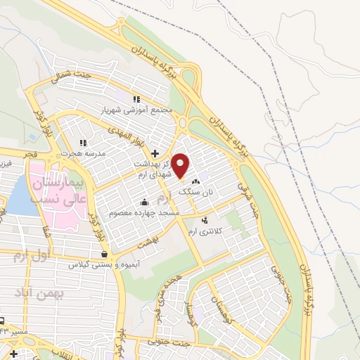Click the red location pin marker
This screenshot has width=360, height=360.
[181, 166]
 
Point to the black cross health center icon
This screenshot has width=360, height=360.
[155, 152]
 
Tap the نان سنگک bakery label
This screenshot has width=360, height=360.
[195, 191]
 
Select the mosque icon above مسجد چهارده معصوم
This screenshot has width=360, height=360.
[145, 202]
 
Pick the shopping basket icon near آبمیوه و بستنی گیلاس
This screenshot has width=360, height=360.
[105, 255]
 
